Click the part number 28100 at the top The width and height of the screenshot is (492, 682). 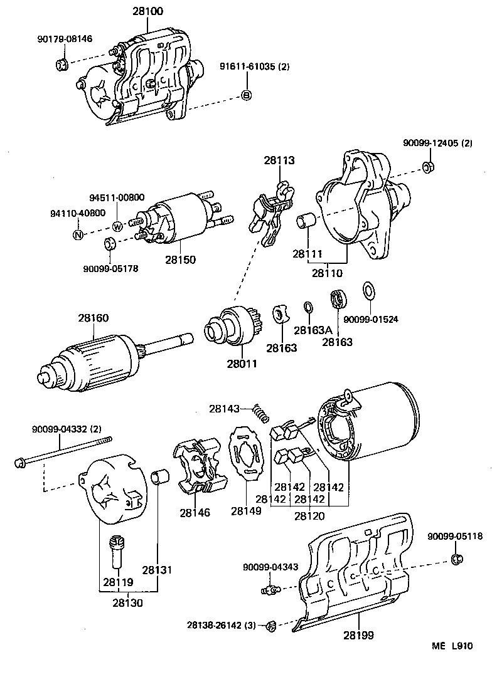(x=147, y=11)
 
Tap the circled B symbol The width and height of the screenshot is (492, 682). (x=247, y=95)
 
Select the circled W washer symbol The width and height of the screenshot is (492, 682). (x=117, y=226)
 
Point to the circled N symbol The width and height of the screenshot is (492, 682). (x=78, y=235)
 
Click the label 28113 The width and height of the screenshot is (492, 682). (x=279, y=160)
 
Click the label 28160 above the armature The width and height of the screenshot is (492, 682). (x=94, y=318)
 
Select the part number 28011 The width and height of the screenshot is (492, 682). (x=241, y=364)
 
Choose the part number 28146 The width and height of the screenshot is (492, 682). (x=195, y=512)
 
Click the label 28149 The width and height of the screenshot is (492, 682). (x=246, y=511)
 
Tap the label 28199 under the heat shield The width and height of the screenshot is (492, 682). (x=358, y=636)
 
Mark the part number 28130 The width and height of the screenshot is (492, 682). (x=128, y=603)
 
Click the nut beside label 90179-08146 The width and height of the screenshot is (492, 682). (x=62, y=63)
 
